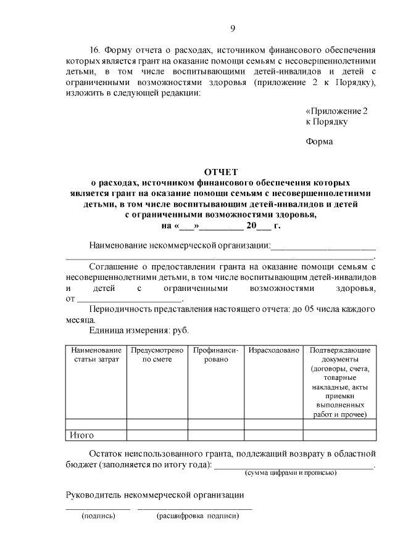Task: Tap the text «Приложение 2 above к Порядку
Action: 337,111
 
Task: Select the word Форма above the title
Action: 319,142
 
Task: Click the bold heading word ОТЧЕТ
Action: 220,172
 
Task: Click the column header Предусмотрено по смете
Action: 157,355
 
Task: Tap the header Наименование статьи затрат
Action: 96,355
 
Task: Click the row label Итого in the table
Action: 81,435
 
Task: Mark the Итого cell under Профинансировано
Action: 215,435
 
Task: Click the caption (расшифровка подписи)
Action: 197,515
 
